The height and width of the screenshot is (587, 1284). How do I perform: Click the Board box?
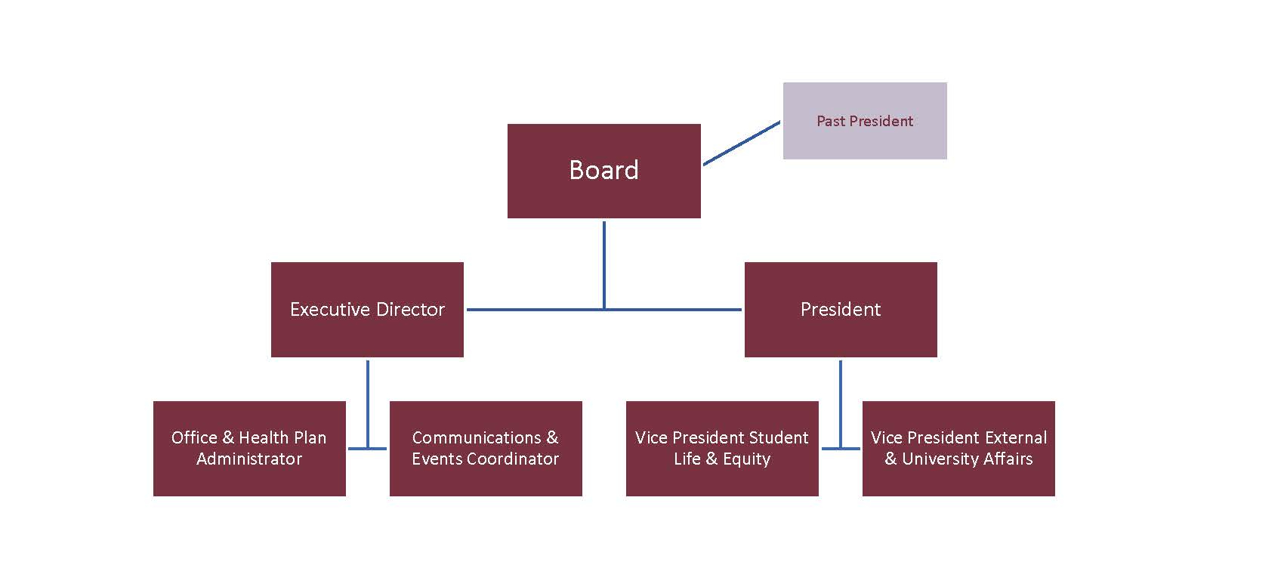(x=603, y=171)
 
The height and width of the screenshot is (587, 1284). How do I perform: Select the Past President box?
(x=864, y=121)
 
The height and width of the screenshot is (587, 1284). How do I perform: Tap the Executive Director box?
(x=367, y=310)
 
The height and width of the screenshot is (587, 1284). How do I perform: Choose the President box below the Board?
(x=840, y=310)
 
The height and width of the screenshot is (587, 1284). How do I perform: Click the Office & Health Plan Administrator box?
(x=249, y=448)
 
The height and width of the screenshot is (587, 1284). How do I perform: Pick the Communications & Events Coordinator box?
(x=485, y=448)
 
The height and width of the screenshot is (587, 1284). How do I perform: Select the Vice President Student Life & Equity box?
(x=721, y=448)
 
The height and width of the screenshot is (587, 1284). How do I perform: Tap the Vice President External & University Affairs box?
(x=958, y=448)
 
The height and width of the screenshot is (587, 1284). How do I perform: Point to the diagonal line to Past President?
(x=741, y=143)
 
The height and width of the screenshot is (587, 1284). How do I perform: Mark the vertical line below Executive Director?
(x=368, y=400)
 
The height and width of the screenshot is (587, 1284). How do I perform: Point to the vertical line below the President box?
(x=841, y=400)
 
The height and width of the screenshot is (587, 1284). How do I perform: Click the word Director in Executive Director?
(x=410, y=310)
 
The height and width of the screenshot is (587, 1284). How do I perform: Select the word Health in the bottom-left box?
(x=264, y=437)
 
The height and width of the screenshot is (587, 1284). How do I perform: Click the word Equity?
(x=746, y=459)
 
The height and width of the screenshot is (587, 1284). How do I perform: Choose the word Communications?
(x=476, y=437)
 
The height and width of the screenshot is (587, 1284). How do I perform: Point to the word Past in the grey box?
(x=830, y=121)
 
